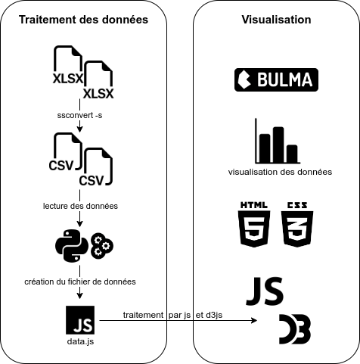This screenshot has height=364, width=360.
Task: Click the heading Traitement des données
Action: pos(83,20)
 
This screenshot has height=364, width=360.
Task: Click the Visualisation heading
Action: pos(276,20)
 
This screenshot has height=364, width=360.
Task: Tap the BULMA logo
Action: pos(276,79)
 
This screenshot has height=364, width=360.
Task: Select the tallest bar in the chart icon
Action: pos(278,145)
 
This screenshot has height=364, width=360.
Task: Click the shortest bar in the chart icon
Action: pos(292,154)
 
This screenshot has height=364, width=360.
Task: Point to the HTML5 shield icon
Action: pos(254,225)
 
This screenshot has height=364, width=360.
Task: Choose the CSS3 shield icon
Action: pos(297,225)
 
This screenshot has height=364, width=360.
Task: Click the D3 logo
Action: pos(295,329)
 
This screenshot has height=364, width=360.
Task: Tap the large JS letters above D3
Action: pos(265,291)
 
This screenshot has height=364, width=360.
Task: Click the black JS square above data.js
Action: pos(80,320)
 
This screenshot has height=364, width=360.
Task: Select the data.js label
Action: pos(80,341)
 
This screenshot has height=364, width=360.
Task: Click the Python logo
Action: pos(72,246)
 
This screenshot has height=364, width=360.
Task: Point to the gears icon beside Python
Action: pos(102,246)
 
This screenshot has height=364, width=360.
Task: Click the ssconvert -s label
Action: pos(79,115)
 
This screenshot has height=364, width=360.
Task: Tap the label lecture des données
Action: pos(80,206)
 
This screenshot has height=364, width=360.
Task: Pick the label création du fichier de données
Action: pos(80,282)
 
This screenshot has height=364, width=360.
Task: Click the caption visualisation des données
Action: pos(280,172)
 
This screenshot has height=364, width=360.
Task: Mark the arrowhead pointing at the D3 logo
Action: pos(255,321)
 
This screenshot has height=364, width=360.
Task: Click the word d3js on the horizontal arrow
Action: pos(214,315)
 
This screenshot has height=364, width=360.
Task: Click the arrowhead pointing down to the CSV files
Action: pos(79,129)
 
